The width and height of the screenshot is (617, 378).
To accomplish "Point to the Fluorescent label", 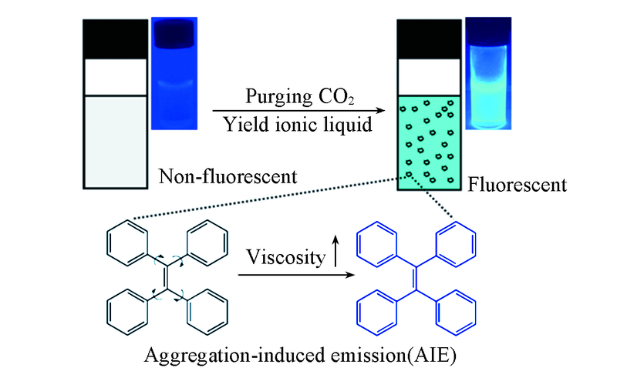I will (518, 185).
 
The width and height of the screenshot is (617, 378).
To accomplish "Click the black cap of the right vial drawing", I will (429, 38).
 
